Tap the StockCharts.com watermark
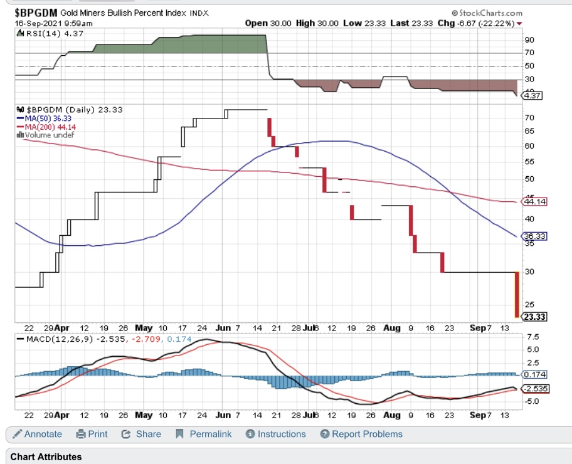[x=487, y=13]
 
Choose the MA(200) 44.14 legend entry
[x=41, y=126]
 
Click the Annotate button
[x=37, y=434]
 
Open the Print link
[x=92, y=434]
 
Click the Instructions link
[x=276, y=434]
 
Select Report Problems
[x=361, y=434]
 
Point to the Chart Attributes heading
[x=46, y=456]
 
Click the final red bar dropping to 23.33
[x=516, y=295]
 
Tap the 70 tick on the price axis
[x=529, y=117]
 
